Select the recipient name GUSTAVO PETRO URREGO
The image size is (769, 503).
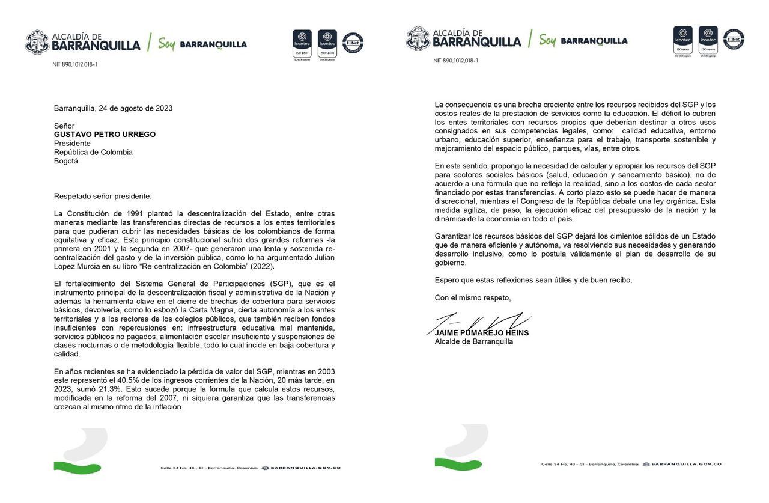coord(105,134)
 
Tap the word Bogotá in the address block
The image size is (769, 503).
coord(66,161)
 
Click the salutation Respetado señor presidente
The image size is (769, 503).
coord(103,196)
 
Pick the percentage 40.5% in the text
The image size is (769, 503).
coord(132,380)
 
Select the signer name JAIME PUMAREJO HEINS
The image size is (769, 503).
coord(482,333)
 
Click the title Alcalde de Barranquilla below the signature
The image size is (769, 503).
coord(474,341)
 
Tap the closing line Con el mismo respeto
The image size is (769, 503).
coord(473,297)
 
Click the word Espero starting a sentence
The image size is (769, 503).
coord(447,279)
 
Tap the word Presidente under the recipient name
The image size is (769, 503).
coord(72,143)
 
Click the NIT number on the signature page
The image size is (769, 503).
coord(456,61)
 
